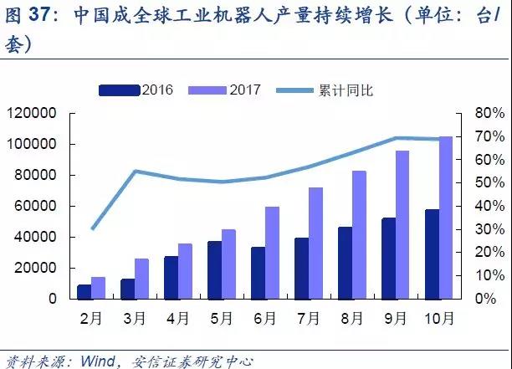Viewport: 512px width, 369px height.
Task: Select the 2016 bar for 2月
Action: coord(84,291)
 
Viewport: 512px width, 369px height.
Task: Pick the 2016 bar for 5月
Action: coord(215,269)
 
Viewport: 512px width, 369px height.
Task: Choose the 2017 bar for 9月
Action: coord(402,224)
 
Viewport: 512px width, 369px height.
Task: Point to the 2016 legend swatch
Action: coord(120,90)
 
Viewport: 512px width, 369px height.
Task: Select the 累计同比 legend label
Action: coord(343,90)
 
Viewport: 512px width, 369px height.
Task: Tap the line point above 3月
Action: coord(136,172)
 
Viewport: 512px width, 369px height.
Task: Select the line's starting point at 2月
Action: coord(92,228)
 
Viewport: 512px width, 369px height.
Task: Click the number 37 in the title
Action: coord(42,15)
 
